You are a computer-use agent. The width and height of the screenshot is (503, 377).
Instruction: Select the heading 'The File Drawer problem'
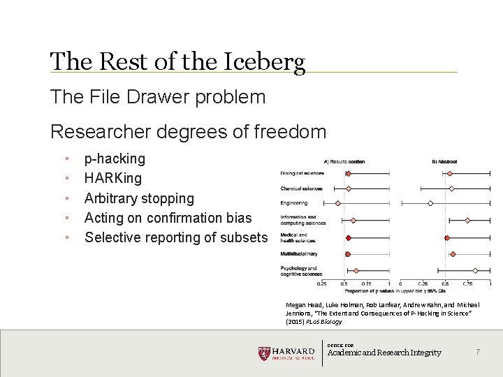coord(158,97)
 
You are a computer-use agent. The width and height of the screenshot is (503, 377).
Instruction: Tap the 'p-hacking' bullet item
coord(115,158)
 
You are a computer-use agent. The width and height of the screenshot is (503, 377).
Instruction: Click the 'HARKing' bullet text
coord(112,178)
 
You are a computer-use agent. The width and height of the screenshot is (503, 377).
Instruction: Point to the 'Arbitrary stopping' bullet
coord(139,198)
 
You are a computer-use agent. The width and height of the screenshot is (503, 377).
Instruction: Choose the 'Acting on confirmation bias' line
coord(168,218)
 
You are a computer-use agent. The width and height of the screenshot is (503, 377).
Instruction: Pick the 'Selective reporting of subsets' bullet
coord(175,237)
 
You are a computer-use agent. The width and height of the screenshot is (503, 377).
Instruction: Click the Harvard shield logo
coord(264,353)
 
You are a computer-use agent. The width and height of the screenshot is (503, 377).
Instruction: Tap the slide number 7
coord(478,353)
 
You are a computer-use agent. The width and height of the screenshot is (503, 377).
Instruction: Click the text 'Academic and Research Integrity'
coord(384,353)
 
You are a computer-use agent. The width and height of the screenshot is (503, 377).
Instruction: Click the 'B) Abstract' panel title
coord(444,162)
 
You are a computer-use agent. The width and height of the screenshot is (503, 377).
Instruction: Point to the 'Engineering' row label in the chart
coord(293,203)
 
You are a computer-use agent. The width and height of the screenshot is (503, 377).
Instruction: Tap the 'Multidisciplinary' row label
coord(298,253)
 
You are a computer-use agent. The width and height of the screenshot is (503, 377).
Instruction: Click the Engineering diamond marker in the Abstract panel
coord(430,203)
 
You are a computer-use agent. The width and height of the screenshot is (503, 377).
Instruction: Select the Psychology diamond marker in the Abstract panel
coord(475,270)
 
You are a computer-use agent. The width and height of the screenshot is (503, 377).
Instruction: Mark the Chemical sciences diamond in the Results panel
coord(349,188)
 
